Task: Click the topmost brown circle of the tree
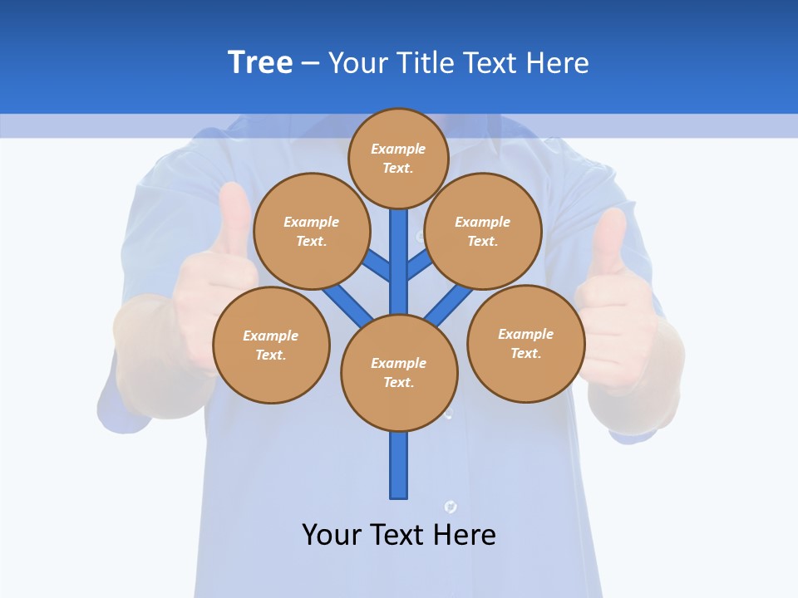pyautogui.click(x=398, y=158)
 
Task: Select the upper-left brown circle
pyautogui.click(x=312, y=231)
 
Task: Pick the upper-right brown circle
pyautogui.click(x=483, y=231)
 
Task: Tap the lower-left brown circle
pyautogui.click(x=271, y=345)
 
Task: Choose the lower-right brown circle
pyautogui.click(x=526, y=343)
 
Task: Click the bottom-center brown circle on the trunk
pyautogui.click(x=399, y=373)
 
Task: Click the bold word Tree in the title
pyautogui.click(x=260, y=62)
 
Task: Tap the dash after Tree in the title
pyautogui.click(x=309, y=63)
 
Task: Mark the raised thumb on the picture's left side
pyautogui.click(x=234, y=220)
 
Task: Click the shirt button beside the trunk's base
pyautogui.click(x=451, y=506)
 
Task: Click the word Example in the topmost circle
pyautogui.click(x=398, y=149)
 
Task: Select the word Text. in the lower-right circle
pyautogui.click(x=525, y=353)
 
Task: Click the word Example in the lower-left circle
pyautogui.click(x=270, y=336)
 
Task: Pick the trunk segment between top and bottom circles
pyautogui.click(x=399, y=262)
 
